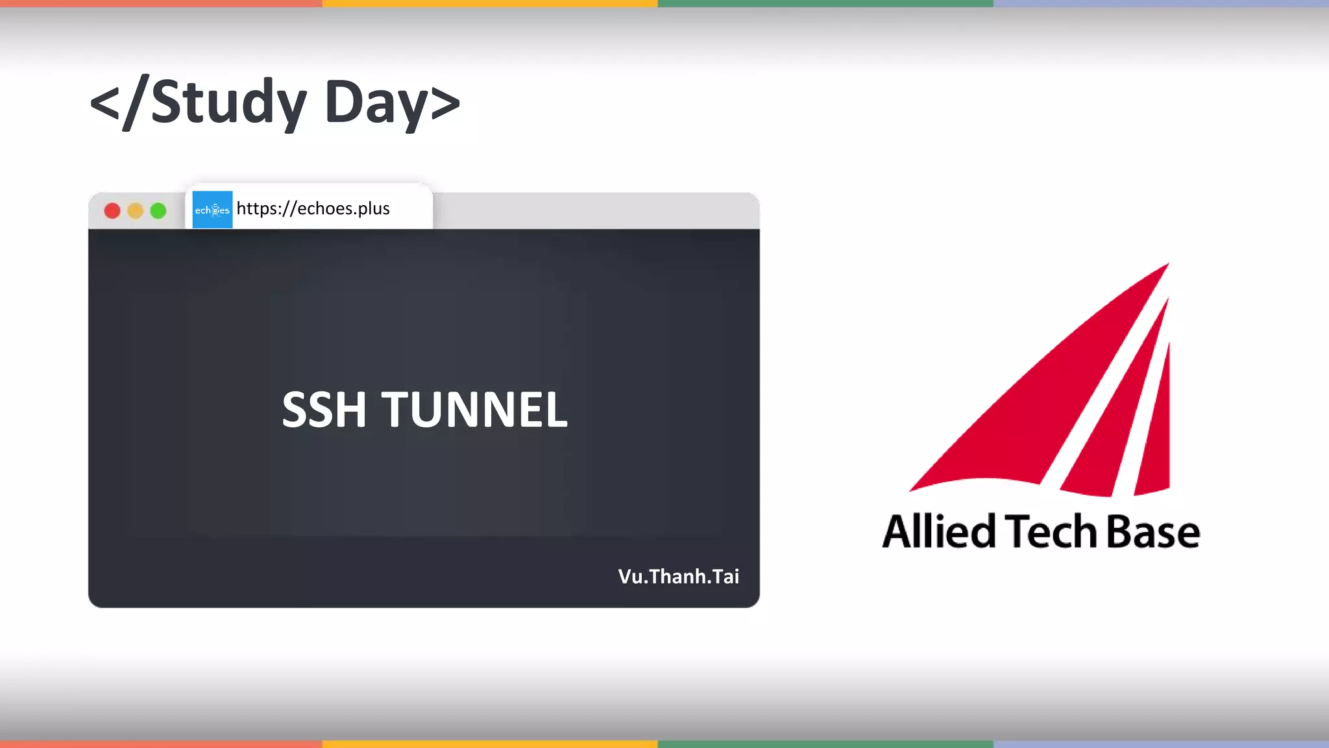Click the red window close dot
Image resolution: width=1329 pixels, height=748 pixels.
tap(112, 211)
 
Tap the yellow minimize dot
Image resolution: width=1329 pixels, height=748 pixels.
tap(135, 211)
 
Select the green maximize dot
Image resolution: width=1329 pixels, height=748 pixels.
tap(158, 211)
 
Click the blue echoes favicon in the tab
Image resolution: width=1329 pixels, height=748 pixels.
tap(212, 210)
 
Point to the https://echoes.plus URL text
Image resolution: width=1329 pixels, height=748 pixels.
tap(313, 208)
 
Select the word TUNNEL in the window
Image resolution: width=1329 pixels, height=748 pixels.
tap(474, 410)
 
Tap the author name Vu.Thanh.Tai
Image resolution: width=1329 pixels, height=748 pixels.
tap(678, 577)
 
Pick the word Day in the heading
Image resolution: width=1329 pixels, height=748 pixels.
tap(376, 104)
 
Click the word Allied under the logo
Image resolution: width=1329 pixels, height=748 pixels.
tap(938, 531)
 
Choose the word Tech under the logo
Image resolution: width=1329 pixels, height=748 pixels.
tap(1051, 531)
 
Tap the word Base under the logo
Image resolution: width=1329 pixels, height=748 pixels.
tap(1152, 531)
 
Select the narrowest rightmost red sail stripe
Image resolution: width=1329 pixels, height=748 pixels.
tap(1158, 442)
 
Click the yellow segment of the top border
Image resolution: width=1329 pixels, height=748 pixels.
tap(490, 3)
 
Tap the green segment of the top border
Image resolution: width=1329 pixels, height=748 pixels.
tap(825, 3)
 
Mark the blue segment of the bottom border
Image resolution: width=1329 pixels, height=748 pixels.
tap(1161, 744)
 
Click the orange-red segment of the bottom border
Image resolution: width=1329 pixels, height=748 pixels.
tap(161, 744)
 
